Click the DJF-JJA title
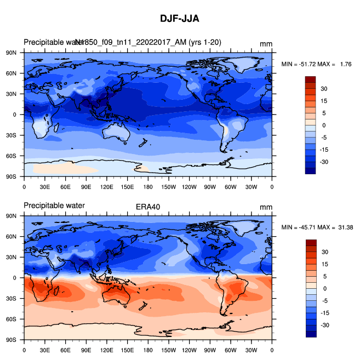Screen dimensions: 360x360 (179, 19)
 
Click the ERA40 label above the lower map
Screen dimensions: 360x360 (147, 207)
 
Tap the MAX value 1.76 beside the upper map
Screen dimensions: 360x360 (345, 64)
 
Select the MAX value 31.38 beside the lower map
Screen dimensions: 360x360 (344, 227)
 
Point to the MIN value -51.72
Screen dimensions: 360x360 (306, 64)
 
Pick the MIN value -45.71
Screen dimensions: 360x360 (306, 227)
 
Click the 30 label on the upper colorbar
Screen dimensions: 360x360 (324, 88)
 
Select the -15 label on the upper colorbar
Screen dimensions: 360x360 (325, 149)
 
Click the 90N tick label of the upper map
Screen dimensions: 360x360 (12, 53)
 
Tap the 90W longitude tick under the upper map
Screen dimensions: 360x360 (210, 187)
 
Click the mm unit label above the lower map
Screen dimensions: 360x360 (266, 207)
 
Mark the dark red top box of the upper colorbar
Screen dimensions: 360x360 (310, 79)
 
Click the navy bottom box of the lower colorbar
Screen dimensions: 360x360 (310, 334)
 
